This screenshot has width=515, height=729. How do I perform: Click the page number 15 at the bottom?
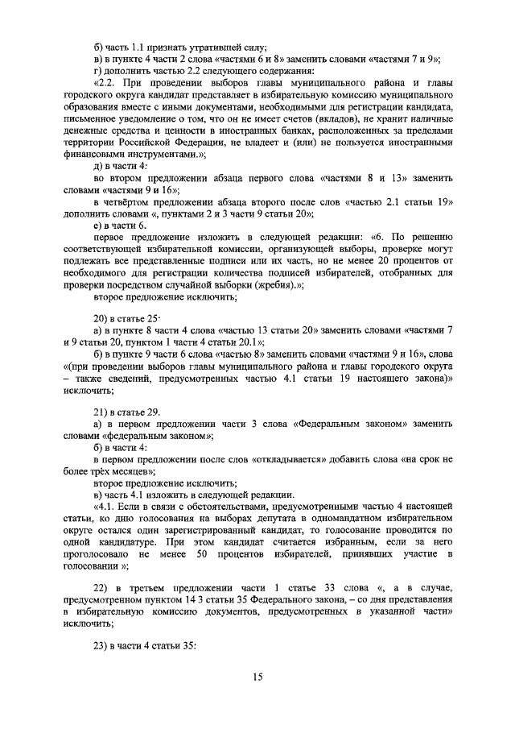coord(257,677)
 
